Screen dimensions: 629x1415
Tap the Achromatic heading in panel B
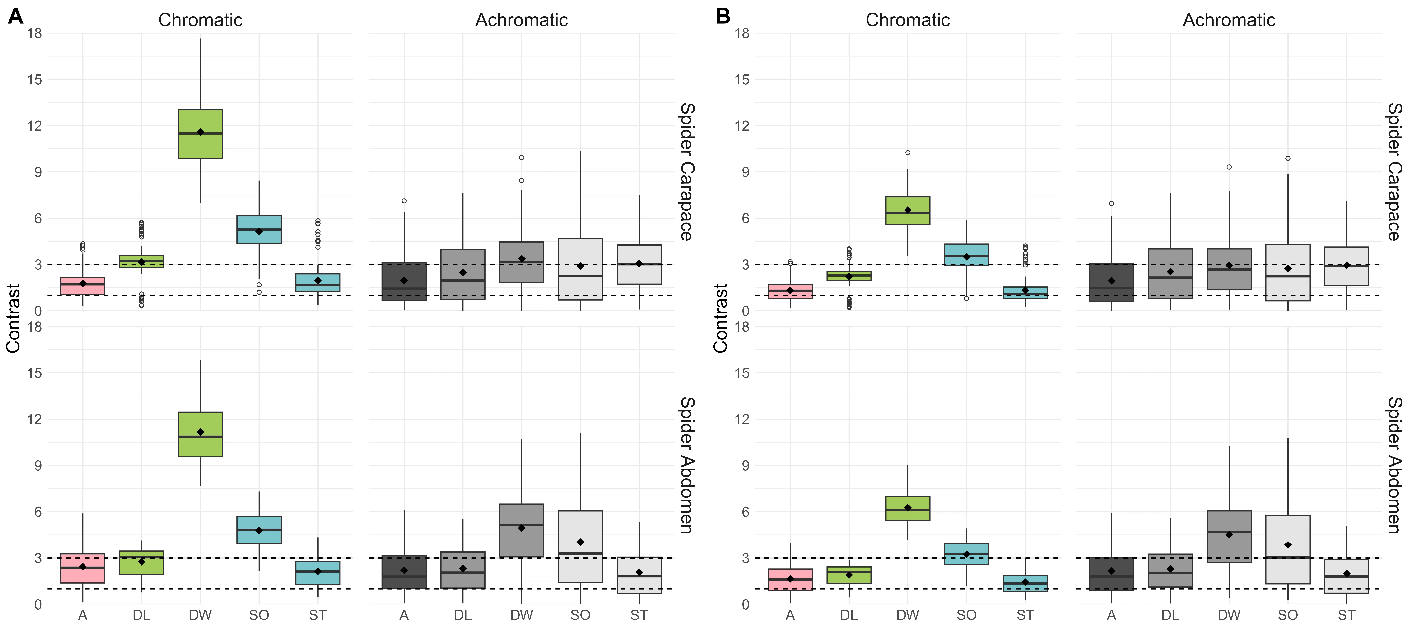tap(1229, 20)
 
